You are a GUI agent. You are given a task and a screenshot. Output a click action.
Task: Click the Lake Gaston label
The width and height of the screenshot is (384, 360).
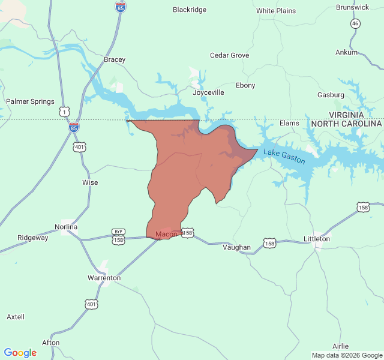[284, 157]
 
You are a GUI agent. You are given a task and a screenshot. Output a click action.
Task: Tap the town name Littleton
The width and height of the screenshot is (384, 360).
[317, 239]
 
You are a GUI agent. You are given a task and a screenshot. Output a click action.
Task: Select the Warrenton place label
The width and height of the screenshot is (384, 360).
[104, 278]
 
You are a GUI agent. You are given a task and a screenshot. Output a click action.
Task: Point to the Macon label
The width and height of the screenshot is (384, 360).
[166, 234]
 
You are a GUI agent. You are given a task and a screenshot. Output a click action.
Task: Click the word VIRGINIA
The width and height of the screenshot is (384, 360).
[346, 114]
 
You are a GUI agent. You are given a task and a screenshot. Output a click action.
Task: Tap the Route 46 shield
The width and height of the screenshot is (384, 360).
[356, 23]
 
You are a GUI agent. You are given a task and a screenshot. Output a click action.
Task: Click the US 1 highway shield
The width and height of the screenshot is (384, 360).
[64, 112]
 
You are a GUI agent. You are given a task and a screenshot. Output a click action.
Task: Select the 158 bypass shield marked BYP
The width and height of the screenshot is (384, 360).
[118, 237]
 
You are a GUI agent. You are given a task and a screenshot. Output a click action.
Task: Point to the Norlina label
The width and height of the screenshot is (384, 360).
[66, 227]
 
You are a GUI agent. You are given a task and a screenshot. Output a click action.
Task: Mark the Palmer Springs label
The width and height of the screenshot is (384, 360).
[30, 101]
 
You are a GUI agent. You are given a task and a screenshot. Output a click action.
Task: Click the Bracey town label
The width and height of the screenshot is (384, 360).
[115, 59]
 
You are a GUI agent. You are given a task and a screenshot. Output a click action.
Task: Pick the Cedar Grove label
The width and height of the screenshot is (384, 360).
[229, 55]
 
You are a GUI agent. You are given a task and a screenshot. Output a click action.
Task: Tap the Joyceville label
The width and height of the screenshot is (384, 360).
[208, 92]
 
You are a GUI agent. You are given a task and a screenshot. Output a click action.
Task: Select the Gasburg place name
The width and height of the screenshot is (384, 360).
[331, 95]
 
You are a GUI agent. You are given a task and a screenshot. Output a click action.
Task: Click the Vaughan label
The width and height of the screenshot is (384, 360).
[236, 247]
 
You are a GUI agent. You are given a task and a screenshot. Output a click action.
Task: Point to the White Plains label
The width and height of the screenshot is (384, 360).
[276, 11]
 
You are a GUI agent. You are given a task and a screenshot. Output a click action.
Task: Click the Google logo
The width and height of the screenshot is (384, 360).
[20, 353]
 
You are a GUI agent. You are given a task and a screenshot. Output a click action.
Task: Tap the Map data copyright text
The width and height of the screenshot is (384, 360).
[346, 355]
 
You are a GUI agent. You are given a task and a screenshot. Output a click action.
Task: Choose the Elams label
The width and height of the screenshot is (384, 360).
[289, 123]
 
